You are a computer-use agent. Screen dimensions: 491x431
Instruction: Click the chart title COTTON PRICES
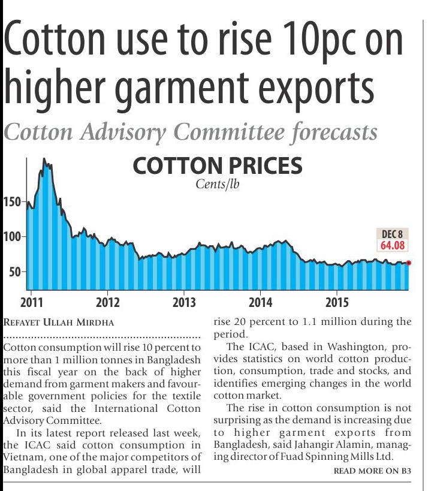tap(217, 166)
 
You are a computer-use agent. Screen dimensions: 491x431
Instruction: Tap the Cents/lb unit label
tap(218, 185)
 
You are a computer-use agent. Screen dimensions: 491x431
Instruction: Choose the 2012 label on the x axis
tap(108, 302)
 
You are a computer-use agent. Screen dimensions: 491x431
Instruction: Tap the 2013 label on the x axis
tap(184, 302)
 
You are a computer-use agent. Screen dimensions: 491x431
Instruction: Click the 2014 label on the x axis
tap(261, 302)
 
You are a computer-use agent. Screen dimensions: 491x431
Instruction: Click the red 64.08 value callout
tap(392, 245)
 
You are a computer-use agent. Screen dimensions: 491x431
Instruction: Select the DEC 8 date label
tap(392, 234)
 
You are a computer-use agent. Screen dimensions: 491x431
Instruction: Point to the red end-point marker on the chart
tap(409, 263)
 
